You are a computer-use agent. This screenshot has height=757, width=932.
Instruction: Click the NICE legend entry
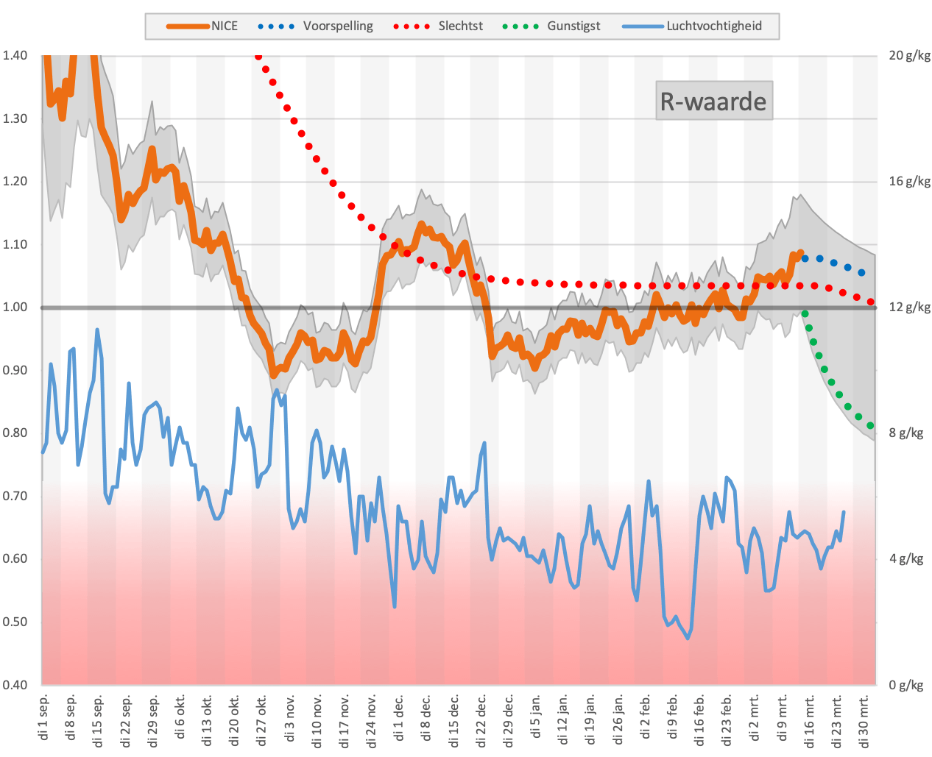click(x=202, y=26)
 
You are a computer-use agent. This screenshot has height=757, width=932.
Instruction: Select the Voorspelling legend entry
click(x=315, y=26)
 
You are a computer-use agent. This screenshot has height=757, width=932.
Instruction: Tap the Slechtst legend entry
click(x=437, y=26)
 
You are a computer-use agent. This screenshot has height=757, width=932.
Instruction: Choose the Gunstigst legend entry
click(x=551, y=26)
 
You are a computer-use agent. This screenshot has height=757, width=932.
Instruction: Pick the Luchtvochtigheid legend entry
click(x=692, y=26)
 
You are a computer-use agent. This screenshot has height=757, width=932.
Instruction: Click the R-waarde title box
click(x=713, y=101)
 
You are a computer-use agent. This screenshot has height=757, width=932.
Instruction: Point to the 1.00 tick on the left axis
click(x=15, y=307)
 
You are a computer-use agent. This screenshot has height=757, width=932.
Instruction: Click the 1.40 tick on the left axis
click(x=15, y=55)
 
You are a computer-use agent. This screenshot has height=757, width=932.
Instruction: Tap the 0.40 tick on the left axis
click(x=15, y=684)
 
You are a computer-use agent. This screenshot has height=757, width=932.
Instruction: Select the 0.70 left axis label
click(x=15, y=496)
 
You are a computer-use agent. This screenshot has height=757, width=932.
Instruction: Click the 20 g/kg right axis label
click(x=909, y=56)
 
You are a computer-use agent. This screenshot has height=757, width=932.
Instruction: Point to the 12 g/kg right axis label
click(x=909, y=308)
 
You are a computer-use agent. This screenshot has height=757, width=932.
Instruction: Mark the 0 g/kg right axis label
click(x=905, y=685)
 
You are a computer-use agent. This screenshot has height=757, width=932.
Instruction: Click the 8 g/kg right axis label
click(x=905, y=433)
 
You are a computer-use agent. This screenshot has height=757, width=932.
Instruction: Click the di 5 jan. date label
click(x=536, y=717)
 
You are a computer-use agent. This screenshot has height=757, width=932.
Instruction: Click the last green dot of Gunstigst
click(x=870, y=425)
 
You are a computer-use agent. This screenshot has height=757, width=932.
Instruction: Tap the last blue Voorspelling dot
click(x=861, y=273)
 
